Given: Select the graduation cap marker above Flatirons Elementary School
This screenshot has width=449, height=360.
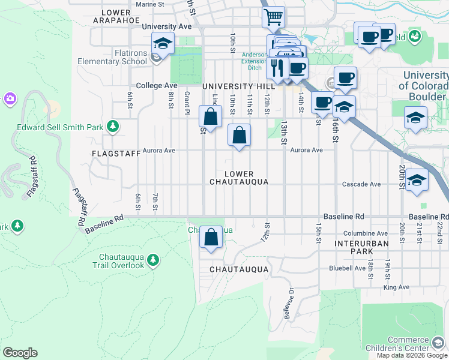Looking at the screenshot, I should pos(162,43).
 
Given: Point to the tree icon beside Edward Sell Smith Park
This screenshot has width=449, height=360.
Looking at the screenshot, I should pos(112,126).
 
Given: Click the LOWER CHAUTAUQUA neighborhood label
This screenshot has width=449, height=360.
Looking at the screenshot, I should pos(238,178).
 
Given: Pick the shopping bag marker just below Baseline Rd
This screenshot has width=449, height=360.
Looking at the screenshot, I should pos(211,237).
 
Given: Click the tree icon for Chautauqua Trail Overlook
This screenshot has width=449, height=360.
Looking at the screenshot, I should pos(154,259).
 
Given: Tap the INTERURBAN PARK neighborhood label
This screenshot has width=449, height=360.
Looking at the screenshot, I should pos(362,248).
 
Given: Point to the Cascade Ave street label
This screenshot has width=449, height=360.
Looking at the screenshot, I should pos(361,184).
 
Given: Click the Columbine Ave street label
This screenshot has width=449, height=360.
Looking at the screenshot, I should pos(365,233).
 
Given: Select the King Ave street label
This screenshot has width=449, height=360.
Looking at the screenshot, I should pos(396,287).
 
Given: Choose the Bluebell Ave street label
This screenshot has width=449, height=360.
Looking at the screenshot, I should pos(343,268).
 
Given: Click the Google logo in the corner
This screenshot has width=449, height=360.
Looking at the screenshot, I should pos(20,353).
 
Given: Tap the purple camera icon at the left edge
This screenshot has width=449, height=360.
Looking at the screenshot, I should pos(9,98).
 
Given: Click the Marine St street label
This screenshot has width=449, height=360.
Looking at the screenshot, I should pos(150,4).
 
